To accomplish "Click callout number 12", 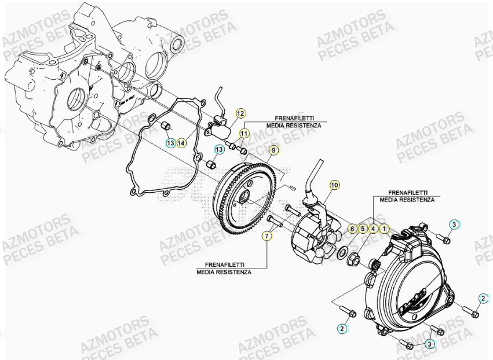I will point(240,113).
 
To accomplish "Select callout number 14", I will point(182,142).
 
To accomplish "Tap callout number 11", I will point(244,134).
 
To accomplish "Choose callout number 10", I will point(334,185).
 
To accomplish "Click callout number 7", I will point(266,236).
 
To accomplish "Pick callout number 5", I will point(363,229).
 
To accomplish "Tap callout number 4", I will point(373,229).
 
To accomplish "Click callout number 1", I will point(384,229).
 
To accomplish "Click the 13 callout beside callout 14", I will point(170,142).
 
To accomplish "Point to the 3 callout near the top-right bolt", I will point(454,224).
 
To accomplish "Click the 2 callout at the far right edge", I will point(483,298).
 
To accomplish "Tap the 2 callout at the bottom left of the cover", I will point(342,328).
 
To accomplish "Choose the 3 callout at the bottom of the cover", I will point(429,344).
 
